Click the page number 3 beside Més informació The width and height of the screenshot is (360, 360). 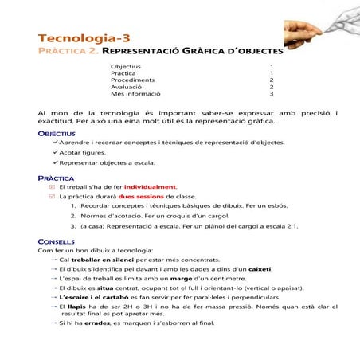pos(272,94)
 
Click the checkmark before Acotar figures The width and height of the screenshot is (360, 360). pos(55,151)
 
